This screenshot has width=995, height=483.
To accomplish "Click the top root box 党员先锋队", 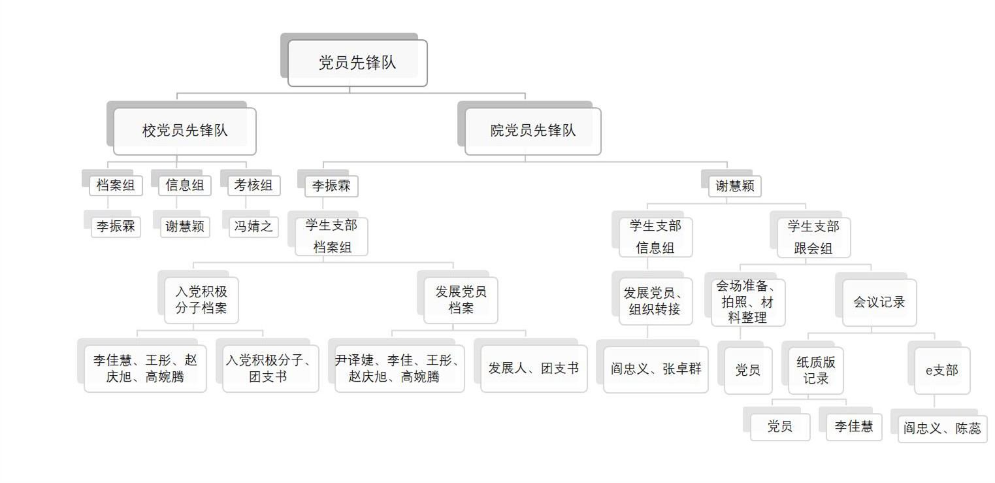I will [x=357, y=63].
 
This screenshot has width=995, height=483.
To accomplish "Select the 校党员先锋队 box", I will [x=185, y=131].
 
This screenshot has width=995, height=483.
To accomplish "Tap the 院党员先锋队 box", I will [x=532, y=131].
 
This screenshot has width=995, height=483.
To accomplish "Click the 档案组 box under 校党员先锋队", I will [x=116, y=185].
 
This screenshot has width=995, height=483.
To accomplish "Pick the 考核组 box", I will [x=253, y=185].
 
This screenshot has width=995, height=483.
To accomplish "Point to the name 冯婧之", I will [x=253, y=226].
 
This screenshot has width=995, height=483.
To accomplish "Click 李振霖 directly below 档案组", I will [x=116, y=226].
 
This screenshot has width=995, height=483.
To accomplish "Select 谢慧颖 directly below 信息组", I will [x=185, y=226].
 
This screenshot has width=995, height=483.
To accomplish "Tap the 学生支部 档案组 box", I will [x=331, y=236].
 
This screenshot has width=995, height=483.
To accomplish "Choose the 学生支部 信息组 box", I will [x=655, y=237].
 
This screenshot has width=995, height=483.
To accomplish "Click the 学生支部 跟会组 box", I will [x=813, y=237].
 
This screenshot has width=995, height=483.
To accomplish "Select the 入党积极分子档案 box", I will [x=201, y=299].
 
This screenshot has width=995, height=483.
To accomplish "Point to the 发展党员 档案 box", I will [x=461, y=299].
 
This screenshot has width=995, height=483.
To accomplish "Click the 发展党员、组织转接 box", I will [x=655, y=301].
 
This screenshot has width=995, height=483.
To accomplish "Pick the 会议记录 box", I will [x=879, y=302].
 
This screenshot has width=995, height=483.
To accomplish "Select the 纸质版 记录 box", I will [x=816, y=370].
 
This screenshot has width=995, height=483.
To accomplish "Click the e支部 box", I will [x=942, y=370].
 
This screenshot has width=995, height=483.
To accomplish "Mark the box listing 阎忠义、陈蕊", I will [x=942, y=429].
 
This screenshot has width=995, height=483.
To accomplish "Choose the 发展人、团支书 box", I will [x=534, y=368].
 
